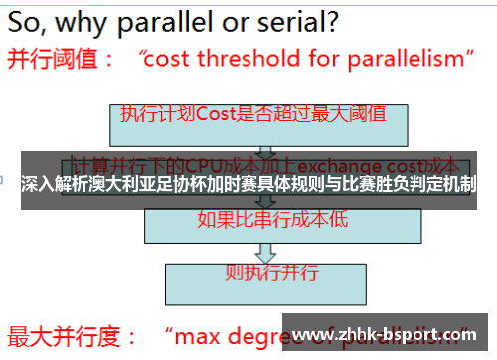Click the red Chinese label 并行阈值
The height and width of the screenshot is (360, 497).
54,58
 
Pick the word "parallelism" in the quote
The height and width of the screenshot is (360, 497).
406,58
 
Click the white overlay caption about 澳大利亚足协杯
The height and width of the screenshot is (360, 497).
248,184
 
